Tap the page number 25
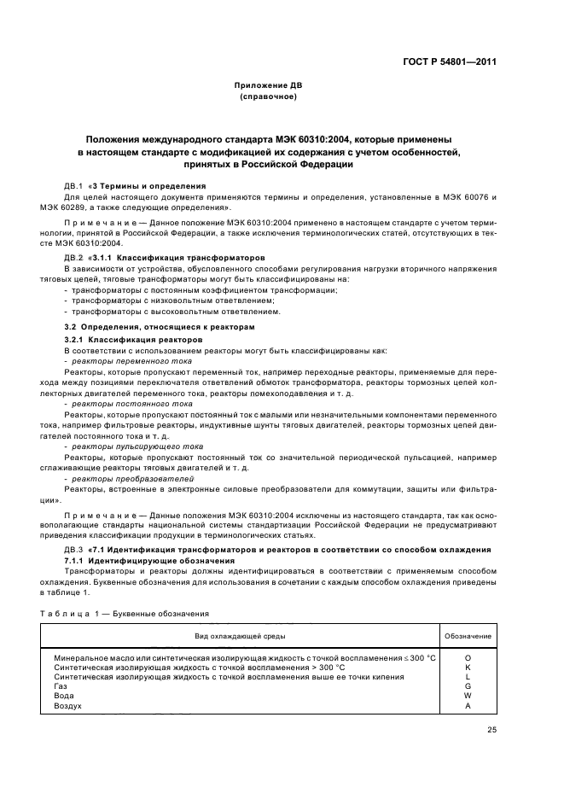coord(491,729)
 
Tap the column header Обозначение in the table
coord(468,637)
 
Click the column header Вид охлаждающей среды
coord(240,637)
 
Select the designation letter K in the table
coord(468,667)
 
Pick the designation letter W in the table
coord(468,696)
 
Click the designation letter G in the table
coord(468,685)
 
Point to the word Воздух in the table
coord(68,706)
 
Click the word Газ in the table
coord(61,686)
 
